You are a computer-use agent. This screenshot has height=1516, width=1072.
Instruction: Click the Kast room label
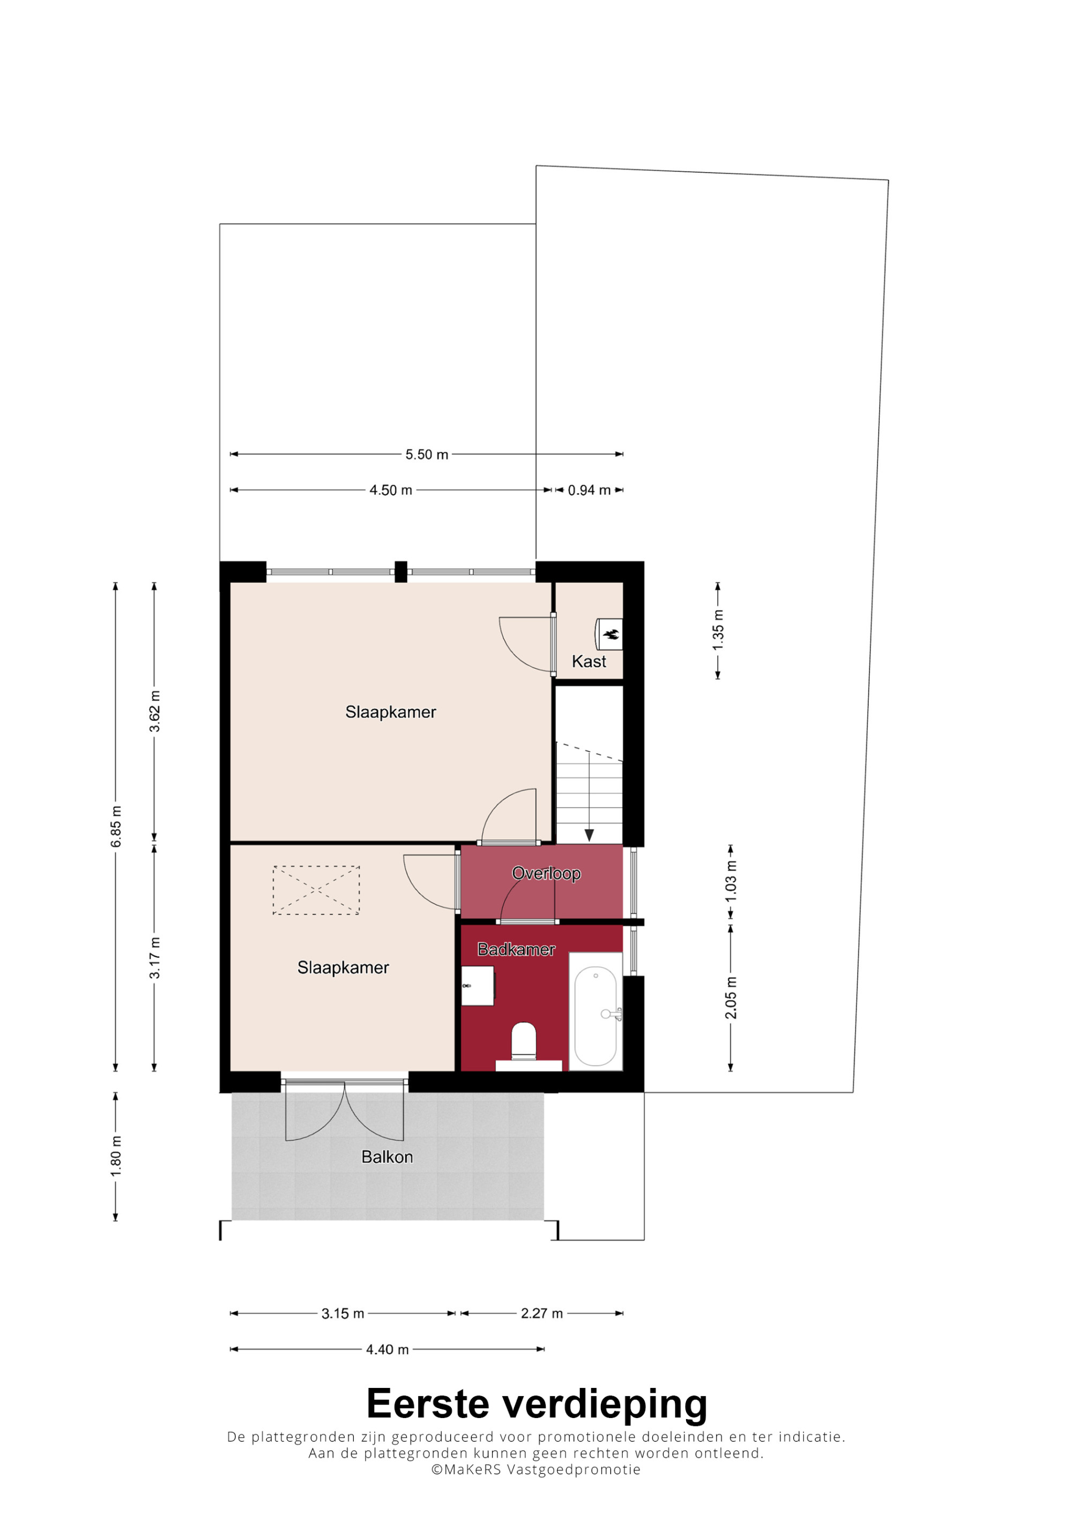[x=589, y=662]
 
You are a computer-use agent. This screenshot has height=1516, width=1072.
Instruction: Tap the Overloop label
[x=546, y=874]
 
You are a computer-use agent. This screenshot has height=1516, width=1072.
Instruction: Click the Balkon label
[x=387, y=1157]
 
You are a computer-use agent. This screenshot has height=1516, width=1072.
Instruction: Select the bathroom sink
[x=477, y=986]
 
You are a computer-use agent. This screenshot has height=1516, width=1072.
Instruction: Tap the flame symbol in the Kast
[x=612, y=635]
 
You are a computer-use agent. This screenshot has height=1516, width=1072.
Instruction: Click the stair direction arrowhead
[x=589, y=835]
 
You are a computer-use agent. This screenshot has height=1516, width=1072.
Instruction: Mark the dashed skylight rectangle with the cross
[x=316, y=890]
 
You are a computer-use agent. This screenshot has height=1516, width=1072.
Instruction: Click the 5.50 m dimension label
[x=427, y=455]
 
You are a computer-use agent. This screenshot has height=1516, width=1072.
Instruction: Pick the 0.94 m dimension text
[x=589, y=491]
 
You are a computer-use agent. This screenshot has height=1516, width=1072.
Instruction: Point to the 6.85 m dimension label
[x=116, y=827]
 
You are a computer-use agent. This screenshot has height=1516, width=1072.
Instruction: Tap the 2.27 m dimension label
[x=541, y=1314]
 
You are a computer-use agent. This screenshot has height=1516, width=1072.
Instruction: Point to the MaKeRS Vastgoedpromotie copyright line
[x=535, y=1470]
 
